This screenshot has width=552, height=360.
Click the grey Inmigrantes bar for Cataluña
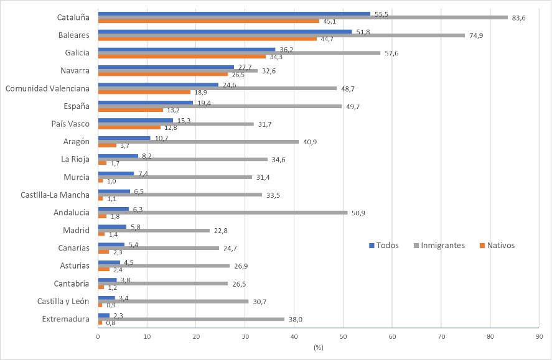click(x=302, y=17)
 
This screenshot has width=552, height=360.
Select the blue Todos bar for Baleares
click(x=225, y=31)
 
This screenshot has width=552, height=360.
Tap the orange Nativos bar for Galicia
click(x=182, y=57)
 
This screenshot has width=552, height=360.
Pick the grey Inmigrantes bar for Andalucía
click(x=223, y=213)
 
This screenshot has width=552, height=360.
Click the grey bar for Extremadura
click(x=191, y=319)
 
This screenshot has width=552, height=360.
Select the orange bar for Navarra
click(x=163, y=74)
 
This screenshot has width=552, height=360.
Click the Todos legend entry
click(x=385, y=246)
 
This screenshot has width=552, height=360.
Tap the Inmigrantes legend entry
click(x=439, y=246)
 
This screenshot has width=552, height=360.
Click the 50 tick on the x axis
click(x=343, y=336)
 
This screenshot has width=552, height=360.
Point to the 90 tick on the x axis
click(x=539, y=336)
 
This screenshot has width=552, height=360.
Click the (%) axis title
click(x=319, y=347)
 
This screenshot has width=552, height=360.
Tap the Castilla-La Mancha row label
click(x=55, y=195)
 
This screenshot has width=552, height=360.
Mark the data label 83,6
click(x=519, y=17)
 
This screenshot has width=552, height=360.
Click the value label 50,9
click(x=358, y=213)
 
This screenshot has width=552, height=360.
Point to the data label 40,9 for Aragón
click(x=309, y=142)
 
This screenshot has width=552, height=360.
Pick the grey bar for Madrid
click(x=154, y=230)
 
